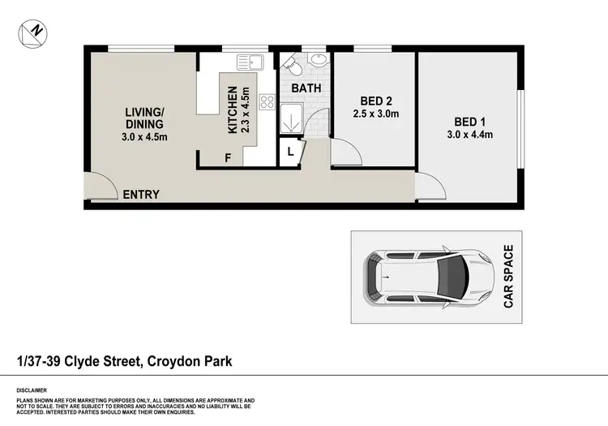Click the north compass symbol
(x=32, y=32)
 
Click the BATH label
(x=306, y=88)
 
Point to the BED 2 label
(x=376, y=101)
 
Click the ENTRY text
(x=140, y=195)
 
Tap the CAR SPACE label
(x=509, y=277)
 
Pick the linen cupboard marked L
(x=290, y=150)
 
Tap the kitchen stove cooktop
(x=267, y=101)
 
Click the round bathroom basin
(x=317, y=60)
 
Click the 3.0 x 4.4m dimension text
(x=470, y=135)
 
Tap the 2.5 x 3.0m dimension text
(x=376, y=114)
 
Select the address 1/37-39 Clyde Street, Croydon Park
(x=124, y=360)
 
